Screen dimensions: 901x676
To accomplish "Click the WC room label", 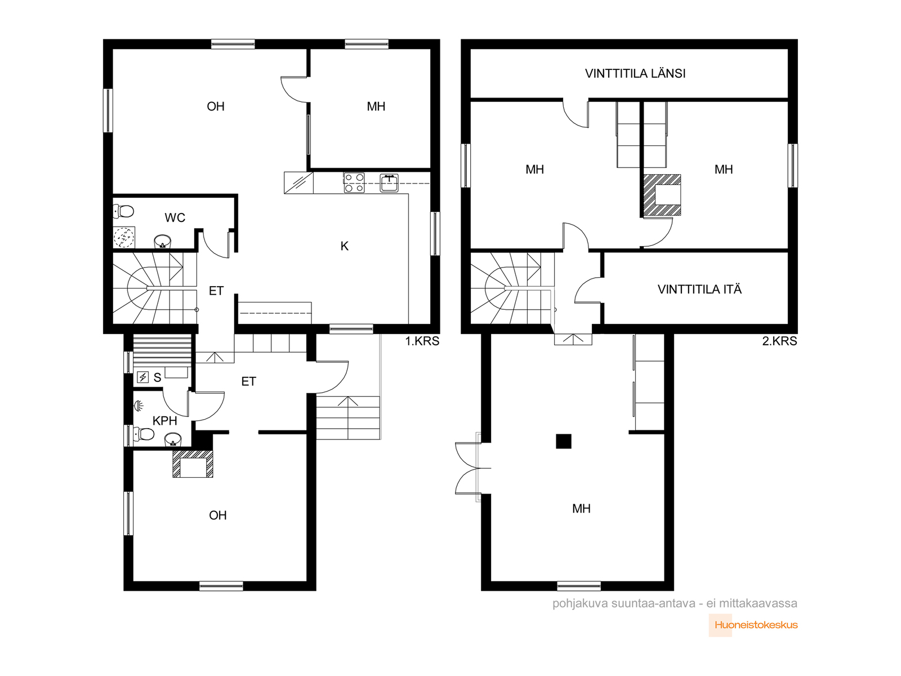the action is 175,217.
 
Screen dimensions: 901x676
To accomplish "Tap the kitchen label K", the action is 345,246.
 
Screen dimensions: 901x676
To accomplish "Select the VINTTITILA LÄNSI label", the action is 635,73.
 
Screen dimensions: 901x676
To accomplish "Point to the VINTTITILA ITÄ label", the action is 699,290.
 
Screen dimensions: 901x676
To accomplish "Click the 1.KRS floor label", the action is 422,341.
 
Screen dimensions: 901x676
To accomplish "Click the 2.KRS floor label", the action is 779,341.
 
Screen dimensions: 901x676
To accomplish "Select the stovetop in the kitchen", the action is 354,183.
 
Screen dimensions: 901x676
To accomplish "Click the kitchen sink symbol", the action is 389,183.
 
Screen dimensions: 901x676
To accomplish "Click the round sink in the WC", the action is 163,242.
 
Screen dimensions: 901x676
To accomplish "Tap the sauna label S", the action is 157,377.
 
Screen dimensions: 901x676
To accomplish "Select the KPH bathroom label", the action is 164,421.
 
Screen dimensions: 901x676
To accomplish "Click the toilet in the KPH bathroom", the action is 144,434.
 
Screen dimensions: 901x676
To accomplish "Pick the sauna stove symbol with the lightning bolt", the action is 143,377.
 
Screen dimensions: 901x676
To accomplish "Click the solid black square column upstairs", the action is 564,441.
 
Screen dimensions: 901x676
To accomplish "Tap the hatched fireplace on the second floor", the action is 662,195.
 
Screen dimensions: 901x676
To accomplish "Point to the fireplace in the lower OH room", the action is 193,464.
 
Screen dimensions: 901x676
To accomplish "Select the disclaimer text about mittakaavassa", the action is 675,604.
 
